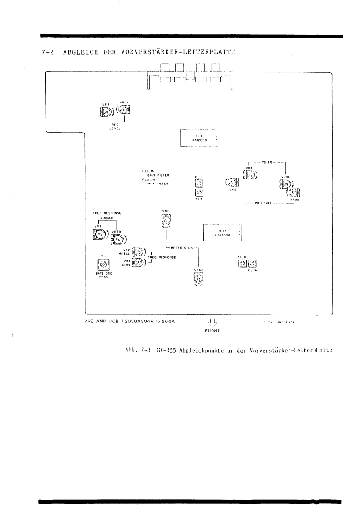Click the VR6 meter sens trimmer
pyautogui.click(x=166, y=220)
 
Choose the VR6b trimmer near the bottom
pyautogui.click(x=198, y=279)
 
